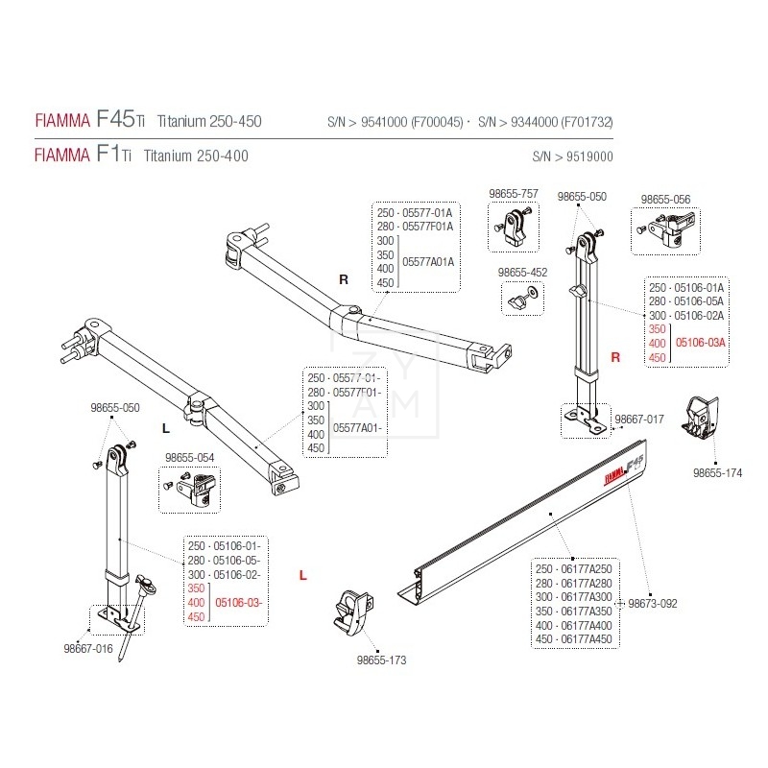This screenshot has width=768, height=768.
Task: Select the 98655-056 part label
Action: coord(666,199)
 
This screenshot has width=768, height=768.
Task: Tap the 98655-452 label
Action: coord(523,273)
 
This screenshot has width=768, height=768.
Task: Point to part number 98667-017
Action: coord(639,420)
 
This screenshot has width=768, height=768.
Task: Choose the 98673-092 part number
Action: coord(653,604)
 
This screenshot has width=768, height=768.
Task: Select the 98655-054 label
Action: coord(189,458)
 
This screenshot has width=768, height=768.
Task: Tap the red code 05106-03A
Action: coord(701,343)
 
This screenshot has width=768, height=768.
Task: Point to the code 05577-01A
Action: coord(427,212)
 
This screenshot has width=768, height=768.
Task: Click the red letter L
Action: coord(302,576)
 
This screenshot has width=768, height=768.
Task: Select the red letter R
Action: coord(616,357)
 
